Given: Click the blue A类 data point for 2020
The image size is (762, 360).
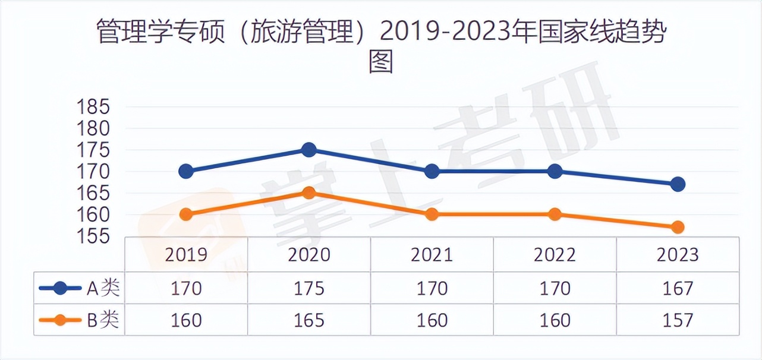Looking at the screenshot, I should (x=308, y=149).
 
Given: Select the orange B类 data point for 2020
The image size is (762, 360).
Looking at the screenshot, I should (x=308, y=192).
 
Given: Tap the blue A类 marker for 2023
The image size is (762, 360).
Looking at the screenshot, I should (x=677, y=184).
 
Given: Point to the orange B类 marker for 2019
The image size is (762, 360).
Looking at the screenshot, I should (x=186, y=214).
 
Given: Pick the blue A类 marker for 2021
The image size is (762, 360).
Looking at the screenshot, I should (x=432, y=171).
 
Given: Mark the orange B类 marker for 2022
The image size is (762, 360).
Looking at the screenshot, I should (x=555, y=214).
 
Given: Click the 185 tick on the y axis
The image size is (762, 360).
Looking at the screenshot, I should (x=94, y=108).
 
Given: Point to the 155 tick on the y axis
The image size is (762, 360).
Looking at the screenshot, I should (x=94, y=236).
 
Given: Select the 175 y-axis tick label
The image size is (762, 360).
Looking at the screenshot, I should (x=94, y=150).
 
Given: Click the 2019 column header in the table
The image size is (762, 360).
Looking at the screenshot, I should (x=186, y=255).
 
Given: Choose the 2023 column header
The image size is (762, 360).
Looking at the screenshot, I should (x=678, y=255).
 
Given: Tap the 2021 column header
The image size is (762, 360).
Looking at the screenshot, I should (x=432, y=255).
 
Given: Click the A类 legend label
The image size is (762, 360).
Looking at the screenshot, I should (x=103, y=289).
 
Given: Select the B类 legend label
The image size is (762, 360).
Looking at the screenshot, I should (x=103, y=320).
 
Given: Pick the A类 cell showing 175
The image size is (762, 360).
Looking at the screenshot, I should (x=309, y=289).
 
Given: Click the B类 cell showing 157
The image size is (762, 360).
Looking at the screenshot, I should (x=678, y=320).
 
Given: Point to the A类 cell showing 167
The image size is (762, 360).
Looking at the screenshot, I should (x=678, y=289).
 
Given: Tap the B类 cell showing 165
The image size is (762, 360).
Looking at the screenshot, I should (x=309, y=320).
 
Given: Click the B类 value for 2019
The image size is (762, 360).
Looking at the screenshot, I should (x=186, y=320).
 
